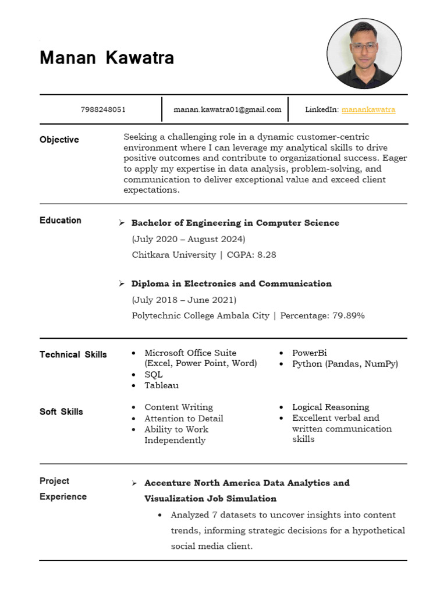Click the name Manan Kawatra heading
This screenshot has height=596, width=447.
[x=107, y=58]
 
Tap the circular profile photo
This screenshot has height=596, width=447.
[x=364, y=54]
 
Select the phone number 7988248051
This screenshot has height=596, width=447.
[x=102, y=109]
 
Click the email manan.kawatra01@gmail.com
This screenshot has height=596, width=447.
[x=227, y=109]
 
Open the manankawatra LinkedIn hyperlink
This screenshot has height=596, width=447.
[x=368, y=109]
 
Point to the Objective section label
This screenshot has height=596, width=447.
[x=59, y=140]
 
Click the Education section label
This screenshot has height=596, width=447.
[x=61, y=220]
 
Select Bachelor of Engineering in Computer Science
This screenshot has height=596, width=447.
[x=235, y=223]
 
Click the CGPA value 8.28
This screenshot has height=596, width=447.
[x=267, y=255]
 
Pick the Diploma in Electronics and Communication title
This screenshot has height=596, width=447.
[x=231, y=284]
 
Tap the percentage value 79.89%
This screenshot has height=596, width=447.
[x=348, y=315]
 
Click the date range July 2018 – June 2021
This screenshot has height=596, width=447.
[x=184, y=300]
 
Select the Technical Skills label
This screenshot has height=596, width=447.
[x=73, y=354]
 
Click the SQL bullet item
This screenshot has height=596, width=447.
[x=154, y=374]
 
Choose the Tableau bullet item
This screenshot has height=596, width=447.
[x=161, y=385]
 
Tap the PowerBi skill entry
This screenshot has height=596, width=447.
[x=309, y=353]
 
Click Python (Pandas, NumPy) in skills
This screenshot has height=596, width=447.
[x=345, y=364]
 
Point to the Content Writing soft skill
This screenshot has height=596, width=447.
[x=179, y=407]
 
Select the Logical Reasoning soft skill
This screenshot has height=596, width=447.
[x=331, y=407]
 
